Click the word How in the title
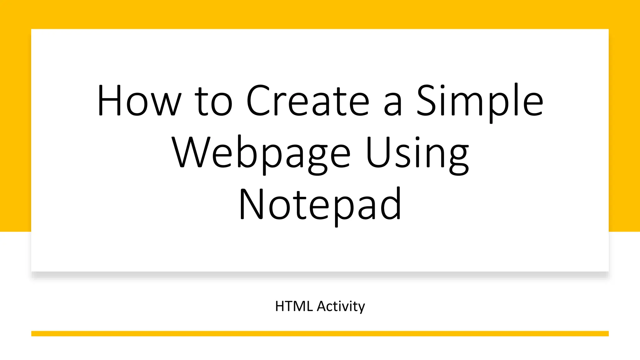tap(139, 101)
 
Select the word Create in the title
tap(308, 101)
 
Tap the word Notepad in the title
tap(320, 205)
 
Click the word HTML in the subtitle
tap(294, 306)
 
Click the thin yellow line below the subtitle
tap(320, 333)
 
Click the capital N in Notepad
tap(251, 204)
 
